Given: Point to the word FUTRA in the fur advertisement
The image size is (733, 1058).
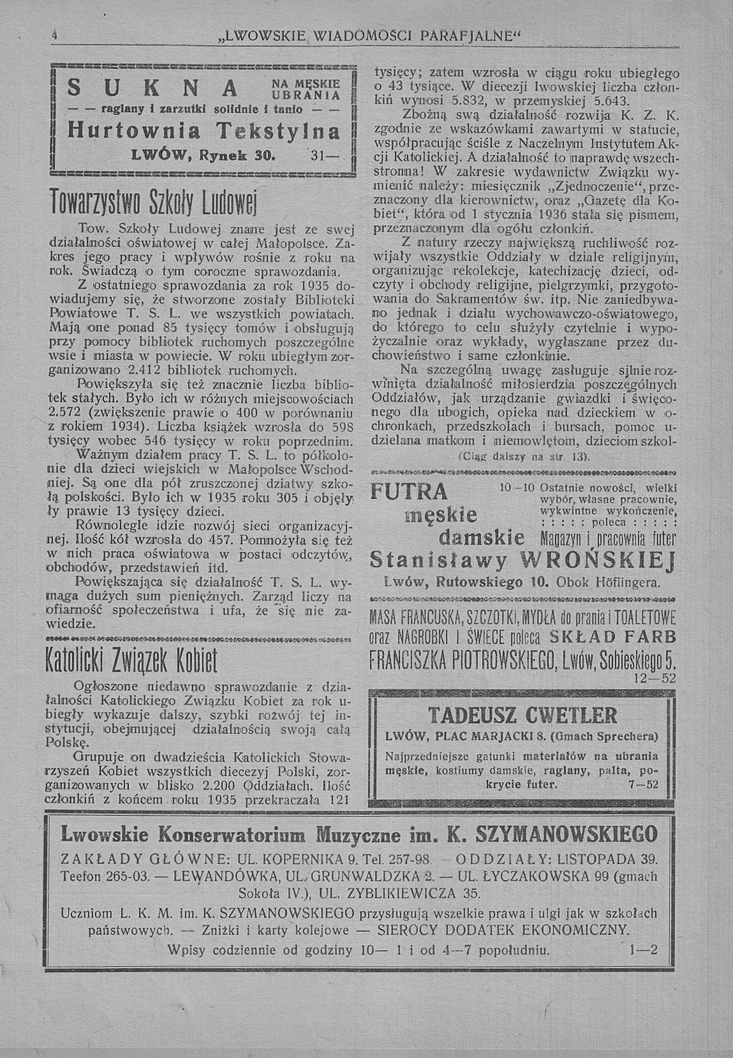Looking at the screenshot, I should (409, 491).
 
